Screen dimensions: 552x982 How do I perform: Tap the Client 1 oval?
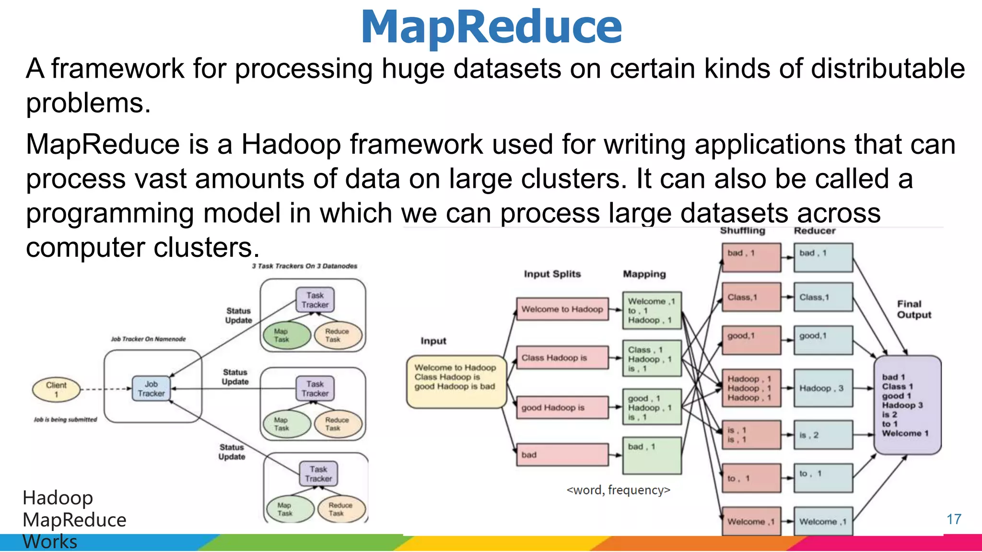click(x=56, y=389)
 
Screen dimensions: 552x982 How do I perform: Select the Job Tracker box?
click(x=151, y=389)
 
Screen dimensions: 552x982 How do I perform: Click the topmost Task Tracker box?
click(x=315, y=300)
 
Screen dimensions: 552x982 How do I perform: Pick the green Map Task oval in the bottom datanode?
click(x=284, y=509)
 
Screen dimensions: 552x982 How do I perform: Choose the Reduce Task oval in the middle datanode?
click(x=337, y=424)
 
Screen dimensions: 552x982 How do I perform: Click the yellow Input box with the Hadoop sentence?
click(x=456, y=382)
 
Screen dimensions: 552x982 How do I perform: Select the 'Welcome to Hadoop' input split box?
click(x=562, y=310)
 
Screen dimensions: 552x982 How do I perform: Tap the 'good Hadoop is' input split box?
click(x=562, y=408)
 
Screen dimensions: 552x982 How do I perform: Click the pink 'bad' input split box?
click(x=562, y=455)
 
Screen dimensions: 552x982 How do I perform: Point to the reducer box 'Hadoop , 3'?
click(x=823, y=388)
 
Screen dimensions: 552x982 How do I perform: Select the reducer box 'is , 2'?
click(x=823, y=435)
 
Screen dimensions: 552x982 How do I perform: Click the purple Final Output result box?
click(x=907, y=405)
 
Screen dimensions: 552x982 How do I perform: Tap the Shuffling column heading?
click(x=742, y=231)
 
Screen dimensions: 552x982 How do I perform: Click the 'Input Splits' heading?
click(x=552, y=274)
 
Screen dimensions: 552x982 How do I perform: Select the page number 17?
click(x=954, y=519)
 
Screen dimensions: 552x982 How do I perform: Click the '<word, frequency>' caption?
click(x=618, y=490)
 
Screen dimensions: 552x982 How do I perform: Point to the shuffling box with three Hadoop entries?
click(x=751, y=388)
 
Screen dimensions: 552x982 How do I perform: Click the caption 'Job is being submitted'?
click(x=65, y=420)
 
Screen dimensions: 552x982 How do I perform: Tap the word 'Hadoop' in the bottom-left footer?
click(x=58, y=498)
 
